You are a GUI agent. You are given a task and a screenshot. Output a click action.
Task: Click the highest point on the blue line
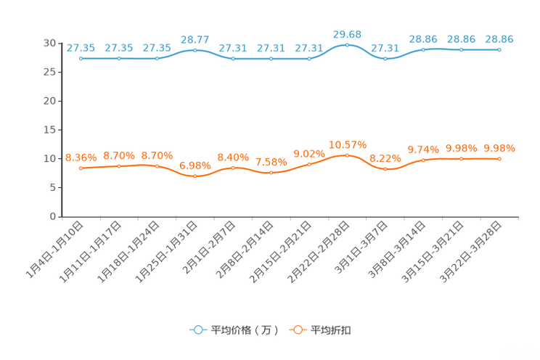[x=347, y=45]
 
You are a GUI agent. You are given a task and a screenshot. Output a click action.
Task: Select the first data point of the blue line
[x=81, y=58]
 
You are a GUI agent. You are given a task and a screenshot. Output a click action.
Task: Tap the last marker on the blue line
[x=499, y=50]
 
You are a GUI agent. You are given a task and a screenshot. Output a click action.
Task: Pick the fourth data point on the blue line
[x=195, y=50]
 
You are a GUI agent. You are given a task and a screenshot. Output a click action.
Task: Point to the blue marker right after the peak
[x=385, y=58]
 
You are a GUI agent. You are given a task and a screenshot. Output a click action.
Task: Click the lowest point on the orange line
[x=195, y=176]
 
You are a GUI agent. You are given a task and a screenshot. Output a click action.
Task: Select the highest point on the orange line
[x=347, y=155]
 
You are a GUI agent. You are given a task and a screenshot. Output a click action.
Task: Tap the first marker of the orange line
[x=81, y=168]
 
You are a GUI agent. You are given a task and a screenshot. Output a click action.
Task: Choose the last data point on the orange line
[x=499, y=158]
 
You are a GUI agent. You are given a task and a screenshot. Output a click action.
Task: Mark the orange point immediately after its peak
[x=385, y=168]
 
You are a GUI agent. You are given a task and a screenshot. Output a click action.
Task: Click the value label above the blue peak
[x=347, y=34]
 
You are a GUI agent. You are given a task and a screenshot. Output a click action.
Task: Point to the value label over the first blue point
[x=81, y=48]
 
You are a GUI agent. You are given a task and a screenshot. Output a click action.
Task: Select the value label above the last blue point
[x=499, y=40]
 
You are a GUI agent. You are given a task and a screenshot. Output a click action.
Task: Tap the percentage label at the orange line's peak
[x=347, y=144]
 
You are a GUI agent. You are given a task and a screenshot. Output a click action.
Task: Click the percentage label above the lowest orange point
[x=195, y=165]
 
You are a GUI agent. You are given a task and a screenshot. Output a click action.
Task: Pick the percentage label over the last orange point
[x=499, y=148]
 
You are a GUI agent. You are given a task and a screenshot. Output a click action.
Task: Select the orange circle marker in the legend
[x=297, y=330]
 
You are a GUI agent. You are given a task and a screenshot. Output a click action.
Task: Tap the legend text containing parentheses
[x=245, y=330]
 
